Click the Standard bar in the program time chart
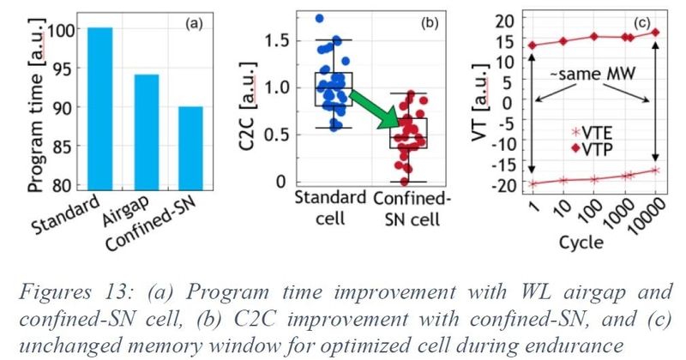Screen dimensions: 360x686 coord(99,107)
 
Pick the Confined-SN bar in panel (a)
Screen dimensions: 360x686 coord(190,146)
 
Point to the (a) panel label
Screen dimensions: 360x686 coord(195,24)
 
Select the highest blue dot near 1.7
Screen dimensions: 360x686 coord(320,18)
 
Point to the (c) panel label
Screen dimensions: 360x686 coord(641,22)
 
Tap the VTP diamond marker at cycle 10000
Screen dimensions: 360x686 coord(655,33)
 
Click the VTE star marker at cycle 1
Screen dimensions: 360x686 coord(533,183)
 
